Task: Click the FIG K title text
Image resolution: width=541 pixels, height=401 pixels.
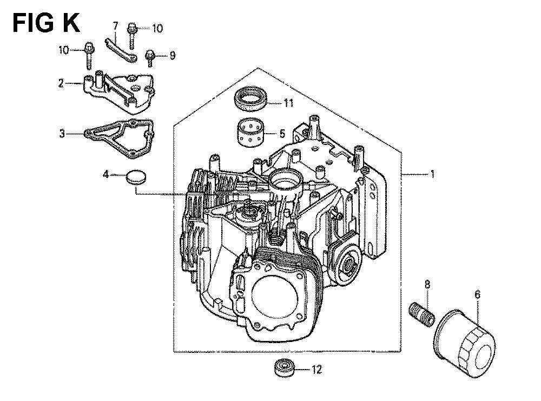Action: coord(46,23)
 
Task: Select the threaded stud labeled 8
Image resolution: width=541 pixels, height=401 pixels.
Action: coord(421,314)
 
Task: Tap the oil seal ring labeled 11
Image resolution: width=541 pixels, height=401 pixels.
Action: coord(251,100)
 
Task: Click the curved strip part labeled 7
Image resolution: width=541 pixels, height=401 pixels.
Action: coord(121,51)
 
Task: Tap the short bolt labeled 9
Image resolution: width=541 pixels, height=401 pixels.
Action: coord(150,58)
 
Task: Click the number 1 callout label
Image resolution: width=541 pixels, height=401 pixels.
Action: coord(432,174)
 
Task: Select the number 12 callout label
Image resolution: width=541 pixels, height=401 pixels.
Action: coord(316,370)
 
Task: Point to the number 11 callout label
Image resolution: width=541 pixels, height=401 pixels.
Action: coord(288,103)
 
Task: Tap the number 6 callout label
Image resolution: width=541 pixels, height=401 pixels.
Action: coord(477,294)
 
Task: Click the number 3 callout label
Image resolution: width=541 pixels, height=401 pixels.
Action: coord(62,133)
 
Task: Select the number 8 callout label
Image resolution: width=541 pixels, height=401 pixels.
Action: coord(427,284)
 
